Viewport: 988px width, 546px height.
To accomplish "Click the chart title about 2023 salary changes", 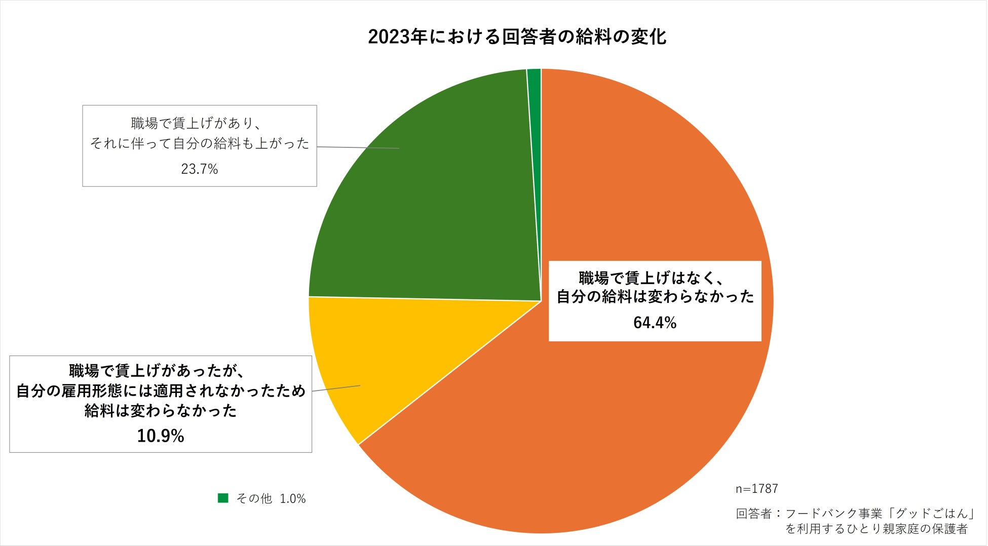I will tap(517, 37).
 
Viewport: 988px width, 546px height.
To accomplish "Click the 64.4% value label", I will tap(655, 323).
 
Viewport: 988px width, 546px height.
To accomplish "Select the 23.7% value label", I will tap(199, 169).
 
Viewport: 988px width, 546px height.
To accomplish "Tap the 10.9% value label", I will tap(160, 436).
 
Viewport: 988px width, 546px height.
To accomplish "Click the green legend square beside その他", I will tap(223, 498).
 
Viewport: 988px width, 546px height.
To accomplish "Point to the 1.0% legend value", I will tap(293, 499).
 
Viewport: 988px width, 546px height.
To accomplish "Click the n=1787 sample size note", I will tap(756, 489).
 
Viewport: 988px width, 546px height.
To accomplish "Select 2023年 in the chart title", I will tap(398, 37).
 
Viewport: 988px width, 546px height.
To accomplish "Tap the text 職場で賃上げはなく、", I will tap(651, 278).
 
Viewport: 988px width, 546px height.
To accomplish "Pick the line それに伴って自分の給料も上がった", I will tap(200, 144).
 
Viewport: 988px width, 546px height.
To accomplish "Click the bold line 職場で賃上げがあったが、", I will tap(157, 371).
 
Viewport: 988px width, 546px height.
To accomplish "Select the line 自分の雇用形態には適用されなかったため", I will tap(161, 391).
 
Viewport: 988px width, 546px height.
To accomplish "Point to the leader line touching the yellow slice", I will tap(336, 388).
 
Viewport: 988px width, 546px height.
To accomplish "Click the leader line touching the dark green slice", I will tap(358, 147).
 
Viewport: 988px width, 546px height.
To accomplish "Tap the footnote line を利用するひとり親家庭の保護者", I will tap(877, 529).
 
